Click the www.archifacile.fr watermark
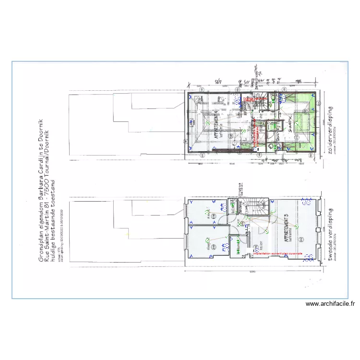(331, 303)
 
